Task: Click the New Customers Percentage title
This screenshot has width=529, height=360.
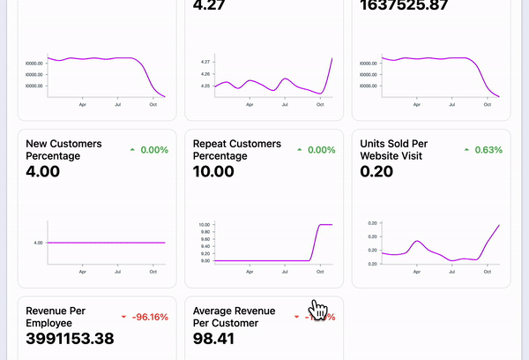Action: click(63, 149)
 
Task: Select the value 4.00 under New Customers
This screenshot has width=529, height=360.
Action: click(43, 171)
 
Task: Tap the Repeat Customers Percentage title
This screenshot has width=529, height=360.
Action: click(237, 149)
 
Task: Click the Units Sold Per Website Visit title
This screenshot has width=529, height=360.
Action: click(405, 149)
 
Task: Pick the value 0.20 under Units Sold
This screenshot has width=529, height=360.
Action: click(377, 171)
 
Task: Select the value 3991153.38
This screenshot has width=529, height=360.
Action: click(70, 339)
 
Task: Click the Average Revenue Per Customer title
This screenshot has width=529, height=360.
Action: click(234, 317)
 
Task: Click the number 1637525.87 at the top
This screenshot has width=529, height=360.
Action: click(413, 5)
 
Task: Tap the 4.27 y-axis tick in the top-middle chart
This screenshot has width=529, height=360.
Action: click(205, 62)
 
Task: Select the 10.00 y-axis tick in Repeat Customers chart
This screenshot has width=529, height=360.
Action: click(204, 225)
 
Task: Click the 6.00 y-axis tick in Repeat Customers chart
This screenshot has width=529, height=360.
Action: click(205, 260)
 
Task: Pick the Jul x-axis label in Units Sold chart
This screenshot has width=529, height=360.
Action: click(451, 271)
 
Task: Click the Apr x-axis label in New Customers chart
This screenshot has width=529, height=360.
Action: click(82, 271)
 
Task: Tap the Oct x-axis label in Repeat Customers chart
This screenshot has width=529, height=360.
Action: click(319, 271)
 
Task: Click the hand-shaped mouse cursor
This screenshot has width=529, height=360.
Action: click(318, 310)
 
